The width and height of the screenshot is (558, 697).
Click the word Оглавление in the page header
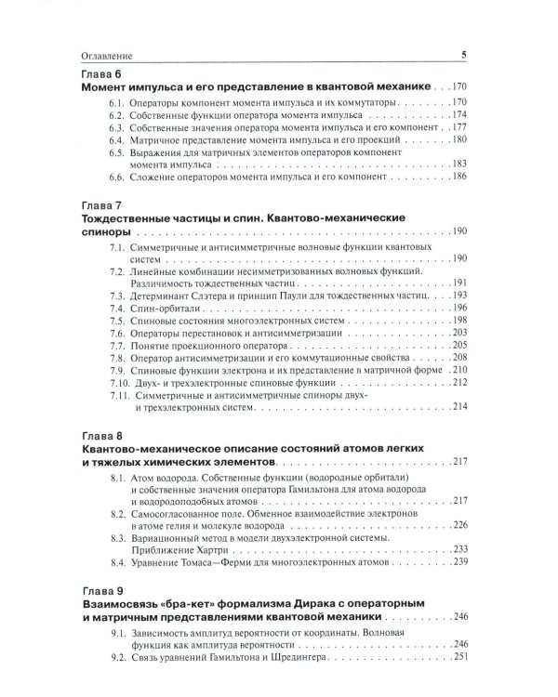point(97,55)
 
